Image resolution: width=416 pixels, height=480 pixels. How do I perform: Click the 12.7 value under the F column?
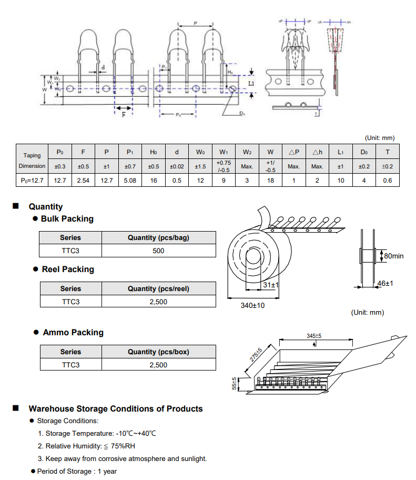click(60, 181)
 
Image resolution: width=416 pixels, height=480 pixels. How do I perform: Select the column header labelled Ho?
click(154, 152)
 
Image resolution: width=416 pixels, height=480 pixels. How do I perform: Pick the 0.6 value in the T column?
click(388, 181)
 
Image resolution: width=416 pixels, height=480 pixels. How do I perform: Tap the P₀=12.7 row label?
click(32, 181)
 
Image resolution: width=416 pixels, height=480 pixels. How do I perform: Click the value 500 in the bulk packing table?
click(158, 251)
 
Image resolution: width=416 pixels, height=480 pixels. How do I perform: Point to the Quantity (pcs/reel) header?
click(158, 288)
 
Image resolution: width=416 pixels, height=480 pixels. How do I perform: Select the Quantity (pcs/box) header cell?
click(158, 352)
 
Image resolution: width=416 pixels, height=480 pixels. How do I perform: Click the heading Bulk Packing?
click(67, 219)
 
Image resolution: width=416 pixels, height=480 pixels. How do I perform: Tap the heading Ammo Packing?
click(73, 333)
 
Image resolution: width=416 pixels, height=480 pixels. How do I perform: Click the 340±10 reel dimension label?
click(252, 306)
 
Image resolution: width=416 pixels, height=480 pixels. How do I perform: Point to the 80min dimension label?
click(394, 256)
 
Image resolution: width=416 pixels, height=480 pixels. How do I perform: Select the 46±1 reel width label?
click(385, 284)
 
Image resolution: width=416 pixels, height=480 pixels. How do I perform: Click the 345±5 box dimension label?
click(314, 336)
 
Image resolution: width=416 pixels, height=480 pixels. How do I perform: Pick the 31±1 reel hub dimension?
click(271, 285)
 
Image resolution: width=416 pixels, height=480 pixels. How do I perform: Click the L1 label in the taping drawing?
click(251, 83)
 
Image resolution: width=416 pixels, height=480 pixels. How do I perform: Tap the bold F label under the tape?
click(124, 114)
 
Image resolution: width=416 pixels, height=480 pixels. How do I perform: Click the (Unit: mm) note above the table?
click(380, 138)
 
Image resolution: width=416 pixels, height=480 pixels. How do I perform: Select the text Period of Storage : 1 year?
click(77, 471)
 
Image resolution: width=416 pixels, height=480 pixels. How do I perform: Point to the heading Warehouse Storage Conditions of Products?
click(115, 409)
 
